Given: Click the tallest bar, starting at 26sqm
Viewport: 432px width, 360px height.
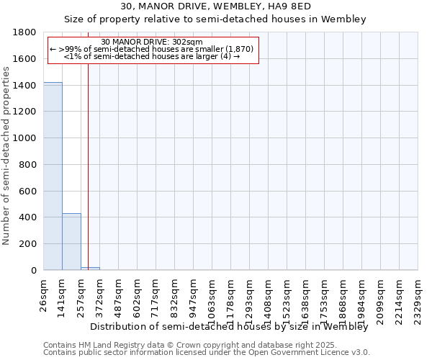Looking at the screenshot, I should click(53, 176).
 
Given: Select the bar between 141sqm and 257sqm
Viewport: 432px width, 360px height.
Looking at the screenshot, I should click(71, 242).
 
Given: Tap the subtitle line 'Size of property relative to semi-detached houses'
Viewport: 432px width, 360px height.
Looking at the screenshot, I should click(215, 19).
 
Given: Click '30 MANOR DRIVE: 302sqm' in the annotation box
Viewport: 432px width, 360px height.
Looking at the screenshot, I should click(152, 42).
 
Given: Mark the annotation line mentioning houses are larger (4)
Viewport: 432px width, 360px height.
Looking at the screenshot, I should click(152, 56).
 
